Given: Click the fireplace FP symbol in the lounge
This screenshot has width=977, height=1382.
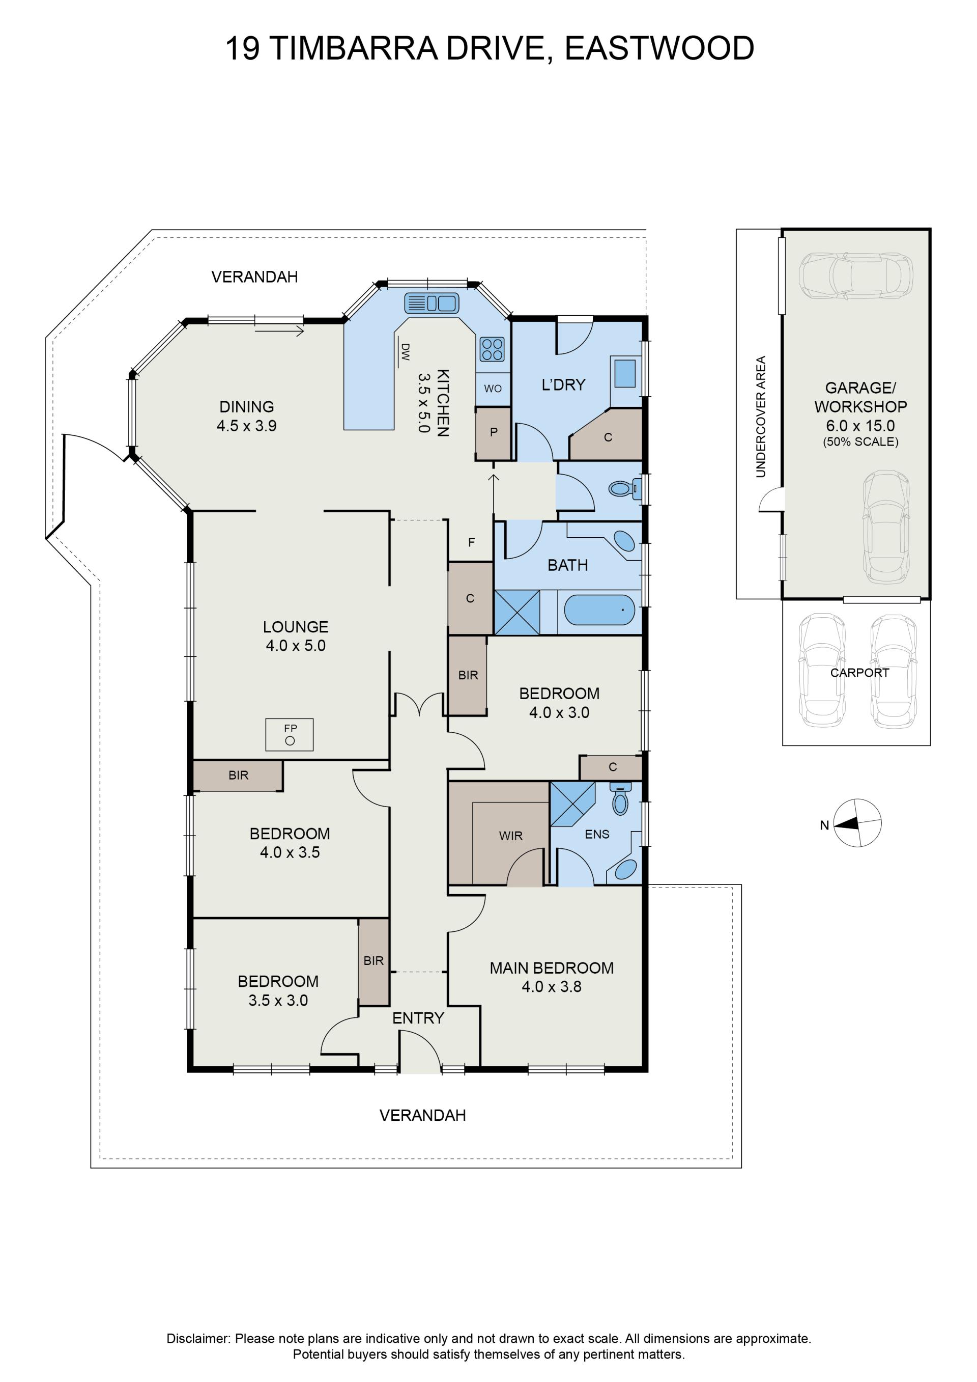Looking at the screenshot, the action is coord(290,734).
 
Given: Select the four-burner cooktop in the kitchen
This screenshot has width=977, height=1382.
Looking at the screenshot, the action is coord(492,349).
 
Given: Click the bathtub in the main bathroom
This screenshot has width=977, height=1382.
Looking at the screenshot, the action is coord(599,611).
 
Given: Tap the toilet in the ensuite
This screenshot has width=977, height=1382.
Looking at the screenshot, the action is coord(620,799).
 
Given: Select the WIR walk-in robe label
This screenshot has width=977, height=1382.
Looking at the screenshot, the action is coord(511,836).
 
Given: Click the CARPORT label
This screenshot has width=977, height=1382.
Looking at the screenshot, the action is coord(859,673).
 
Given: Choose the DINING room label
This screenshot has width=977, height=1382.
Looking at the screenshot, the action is coord(247,407).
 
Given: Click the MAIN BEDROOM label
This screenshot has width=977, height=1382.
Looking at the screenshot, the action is coord(552,968).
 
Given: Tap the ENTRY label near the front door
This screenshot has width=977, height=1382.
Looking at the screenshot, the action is coord(418,1018).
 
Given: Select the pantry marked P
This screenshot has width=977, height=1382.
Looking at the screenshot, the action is coord(493,433).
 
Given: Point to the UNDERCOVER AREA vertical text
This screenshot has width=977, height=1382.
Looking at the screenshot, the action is coord(760,417).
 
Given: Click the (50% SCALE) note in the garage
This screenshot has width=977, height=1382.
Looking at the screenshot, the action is coord(860,442).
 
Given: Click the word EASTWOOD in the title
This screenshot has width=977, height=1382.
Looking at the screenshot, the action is coord(659,48).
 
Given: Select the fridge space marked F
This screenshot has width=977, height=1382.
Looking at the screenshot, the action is coord(472,542).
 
